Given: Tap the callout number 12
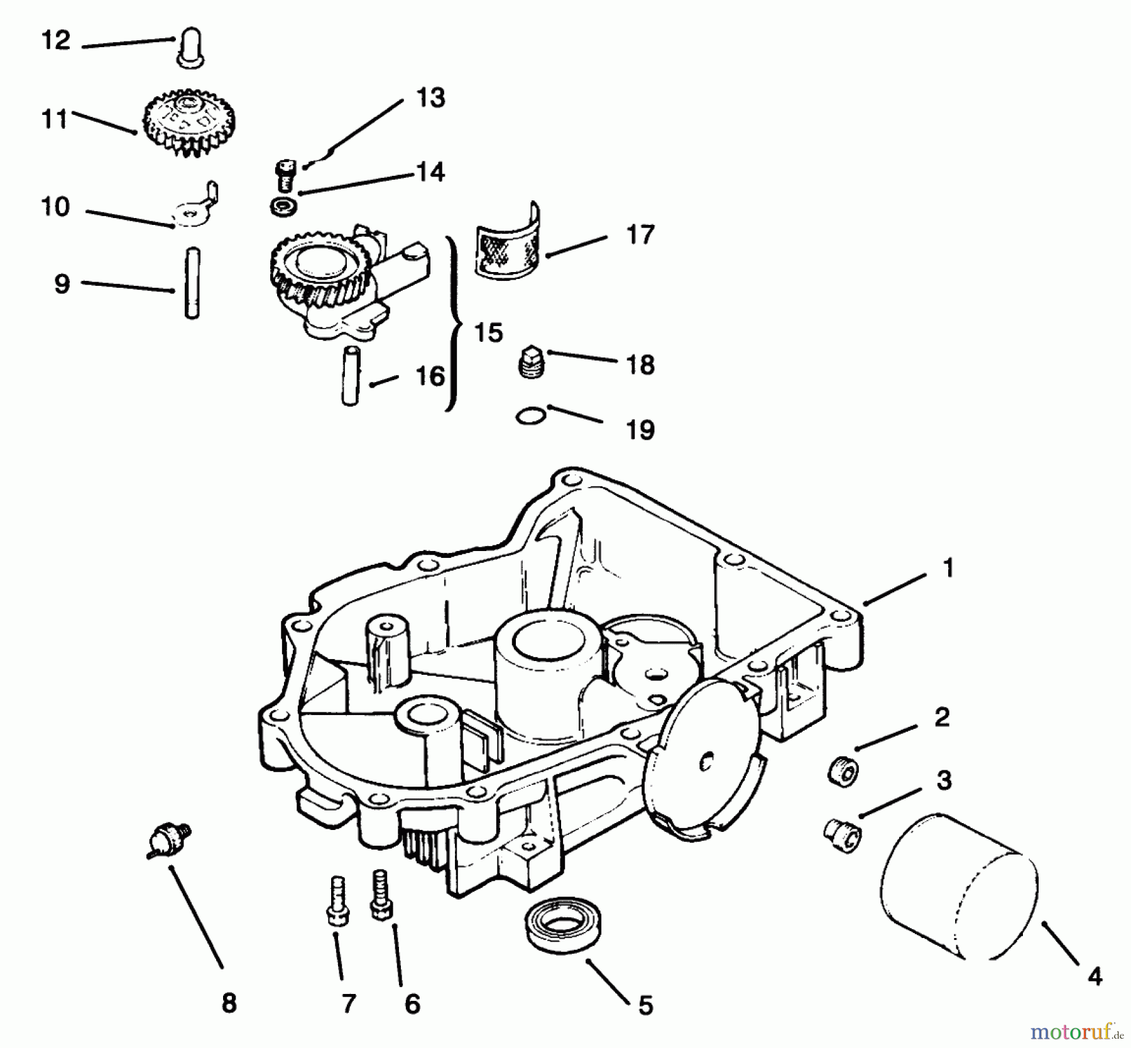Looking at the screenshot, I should pyautogui.click(x=56, y=41).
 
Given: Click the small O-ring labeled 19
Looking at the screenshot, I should pyautogui.click(x=530, y=416).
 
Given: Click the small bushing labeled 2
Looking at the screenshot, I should pyautogui.click(x=843, y=770).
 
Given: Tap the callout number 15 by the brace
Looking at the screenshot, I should pyautogui.click(x=488, y=333).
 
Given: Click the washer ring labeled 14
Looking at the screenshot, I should pyautogui.click(x=283, y=207).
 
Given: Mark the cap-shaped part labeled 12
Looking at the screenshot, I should pyautogui.click(x=190, y=50).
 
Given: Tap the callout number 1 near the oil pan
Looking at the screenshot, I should pyautogui.click(x=948, y=569).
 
